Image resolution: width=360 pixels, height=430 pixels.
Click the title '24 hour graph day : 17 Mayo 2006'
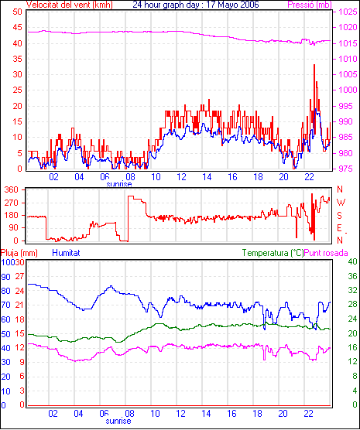coord(196,5)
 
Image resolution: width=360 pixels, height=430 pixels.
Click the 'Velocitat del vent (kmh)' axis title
coord(70,5)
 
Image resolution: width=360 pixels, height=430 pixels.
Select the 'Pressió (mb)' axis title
coord(310,5)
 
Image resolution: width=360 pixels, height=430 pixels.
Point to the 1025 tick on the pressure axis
coord(348,12)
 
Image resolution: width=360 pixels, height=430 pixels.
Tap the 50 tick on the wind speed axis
coord(17,12)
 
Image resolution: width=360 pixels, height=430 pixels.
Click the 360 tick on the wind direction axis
coord(12,189)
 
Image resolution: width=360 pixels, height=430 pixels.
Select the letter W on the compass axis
coord(341,203)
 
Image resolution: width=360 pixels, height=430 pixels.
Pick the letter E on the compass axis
coord(339,228)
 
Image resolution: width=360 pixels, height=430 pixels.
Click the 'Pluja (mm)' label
coord(19,253)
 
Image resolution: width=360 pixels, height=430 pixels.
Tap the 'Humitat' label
coord(66,253)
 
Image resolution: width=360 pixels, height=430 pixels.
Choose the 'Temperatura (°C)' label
coord(273,253)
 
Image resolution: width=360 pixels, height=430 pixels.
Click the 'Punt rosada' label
coord(326,253)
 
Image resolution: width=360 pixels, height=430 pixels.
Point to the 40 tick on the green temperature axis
coord(352,261)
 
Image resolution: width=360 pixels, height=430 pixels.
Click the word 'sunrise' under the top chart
coord(119,184)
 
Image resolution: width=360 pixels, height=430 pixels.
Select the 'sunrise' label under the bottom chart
coord(118,421)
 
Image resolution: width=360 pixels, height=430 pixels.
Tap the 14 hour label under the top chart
coord(207,177)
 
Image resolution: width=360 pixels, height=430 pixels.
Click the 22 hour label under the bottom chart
coord(308,414)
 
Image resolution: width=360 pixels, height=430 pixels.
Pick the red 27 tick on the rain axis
coord(19,276)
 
